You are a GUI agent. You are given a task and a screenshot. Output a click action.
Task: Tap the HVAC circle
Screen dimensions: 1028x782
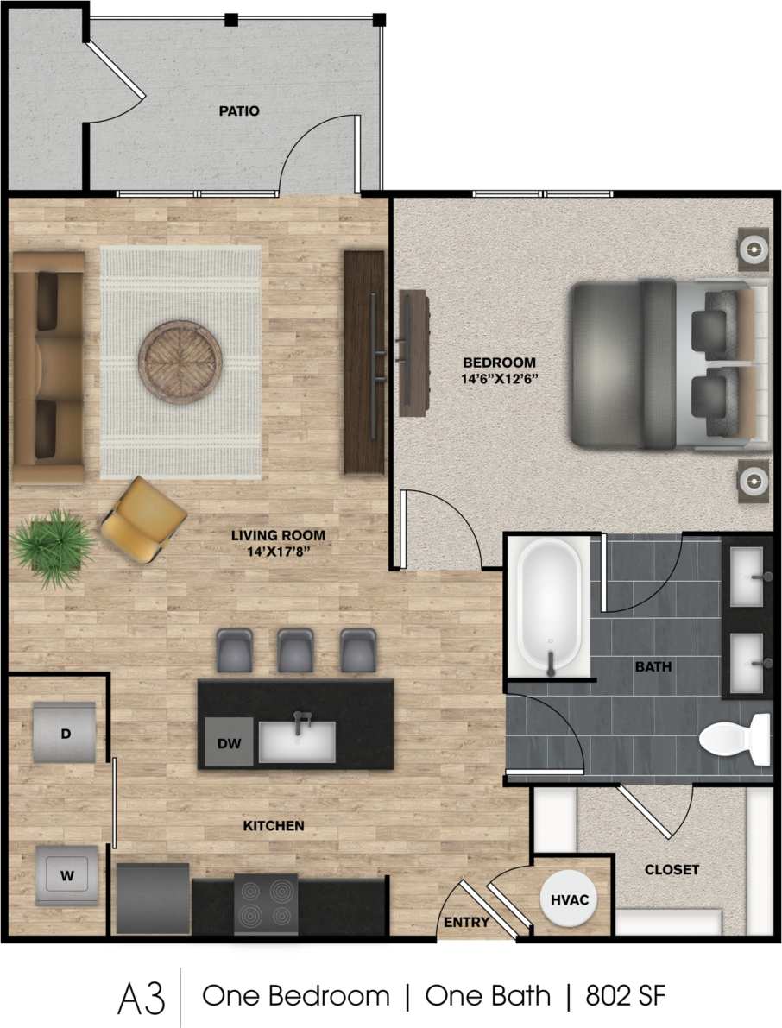coord(570,899)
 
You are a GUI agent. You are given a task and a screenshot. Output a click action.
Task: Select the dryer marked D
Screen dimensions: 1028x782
coord(65,733)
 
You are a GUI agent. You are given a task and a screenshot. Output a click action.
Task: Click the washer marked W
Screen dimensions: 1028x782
coord(66,875)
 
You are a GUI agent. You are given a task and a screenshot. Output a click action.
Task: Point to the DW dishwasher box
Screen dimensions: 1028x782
coord(228,741)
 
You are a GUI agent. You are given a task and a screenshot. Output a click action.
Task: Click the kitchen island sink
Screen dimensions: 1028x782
coord(297,741)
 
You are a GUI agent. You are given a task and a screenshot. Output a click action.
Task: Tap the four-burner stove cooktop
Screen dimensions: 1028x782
coord(266,905)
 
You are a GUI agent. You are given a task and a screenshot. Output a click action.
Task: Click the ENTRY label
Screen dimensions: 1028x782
coord(466,923)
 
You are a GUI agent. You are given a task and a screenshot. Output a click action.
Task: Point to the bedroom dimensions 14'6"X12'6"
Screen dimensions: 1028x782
coord(500,378)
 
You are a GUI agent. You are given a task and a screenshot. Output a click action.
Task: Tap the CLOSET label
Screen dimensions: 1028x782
coord(672,870)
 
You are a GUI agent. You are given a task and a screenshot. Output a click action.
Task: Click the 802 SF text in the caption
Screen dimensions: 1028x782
coord(626,995)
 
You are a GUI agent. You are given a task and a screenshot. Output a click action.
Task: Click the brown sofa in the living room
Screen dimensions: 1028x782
coord(48,367)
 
